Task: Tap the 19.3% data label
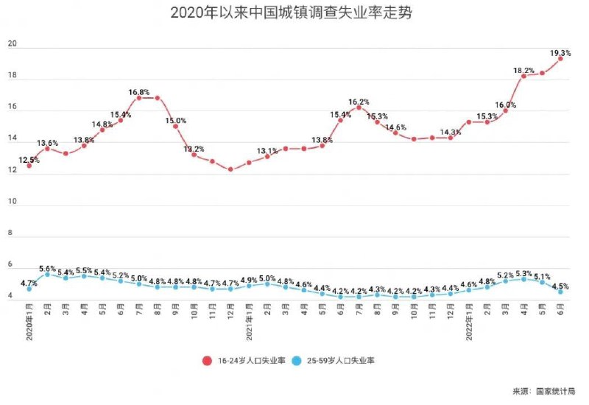[x=561, y=52]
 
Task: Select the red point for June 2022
[x=560, y=58]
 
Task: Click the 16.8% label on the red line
[x=140, y=93]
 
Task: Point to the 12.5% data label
[x=29, y=160]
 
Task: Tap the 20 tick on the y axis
[x=11, y=45]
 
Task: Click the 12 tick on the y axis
[x=11, y=171]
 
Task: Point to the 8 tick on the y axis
[x=11, y=233]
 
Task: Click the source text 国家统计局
[x=555, y=390]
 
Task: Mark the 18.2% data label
[x=524, y=71]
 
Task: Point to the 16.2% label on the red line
[x=359, y=102]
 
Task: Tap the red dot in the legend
[x=208, y=360]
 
